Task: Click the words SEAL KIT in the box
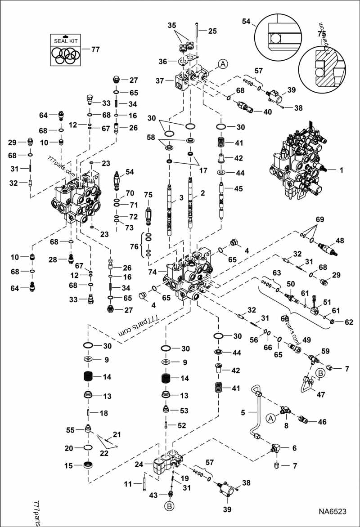point(66,41)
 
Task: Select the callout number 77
point(95,50)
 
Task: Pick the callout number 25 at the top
point(212,31)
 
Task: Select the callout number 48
point(339,241)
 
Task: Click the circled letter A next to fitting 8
point(271,419)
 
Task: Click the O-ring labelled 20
point(89,448)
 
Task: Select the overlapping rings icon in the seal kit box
point(66,55)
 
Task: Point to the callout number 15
point(68,466)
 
